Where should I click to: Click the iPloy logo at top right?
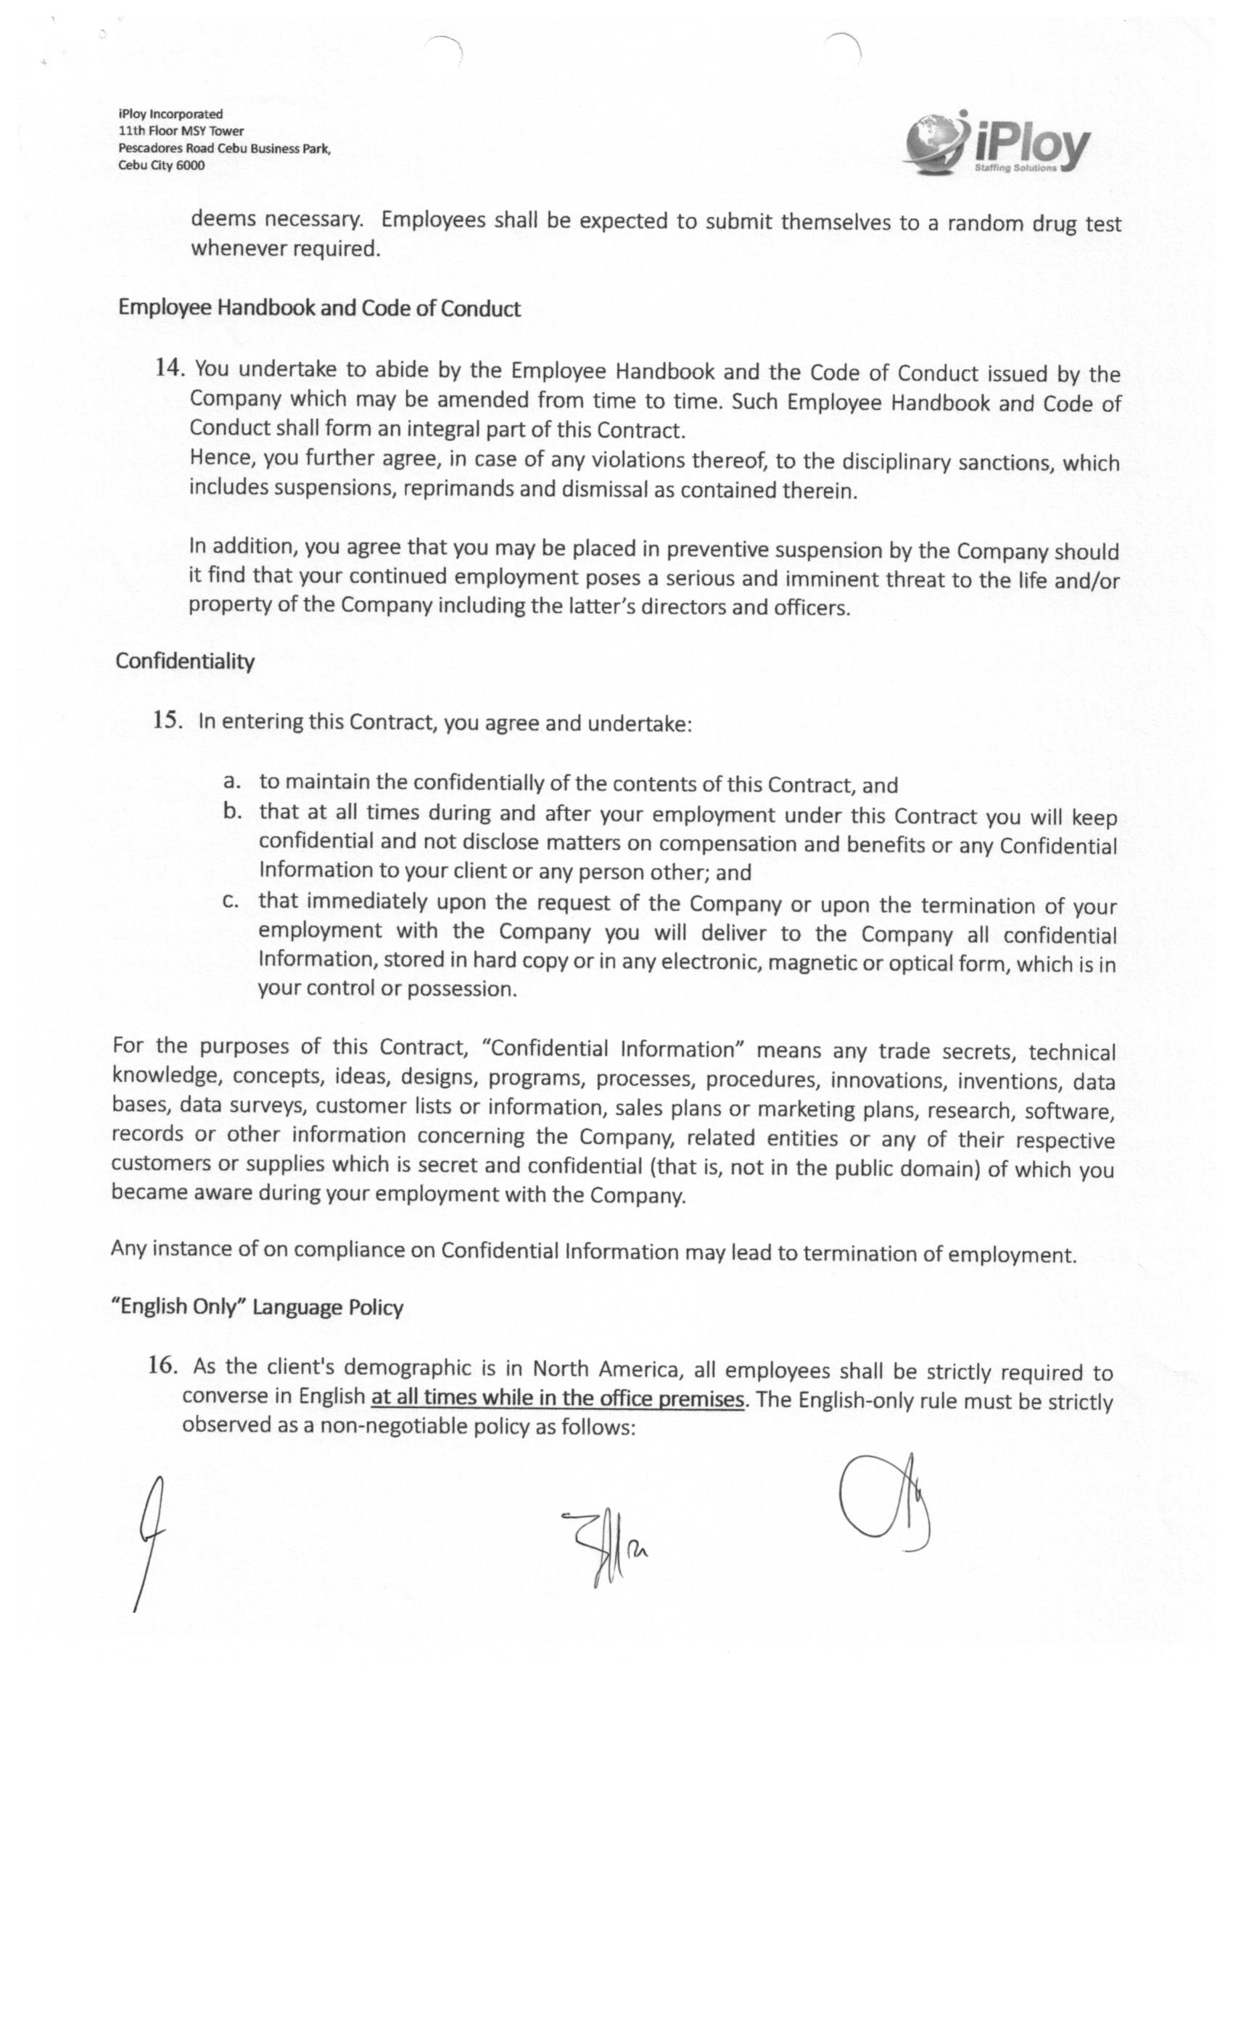[x=997, y=144]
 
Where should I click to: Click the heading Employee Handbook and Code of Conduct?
[x=319, y=308]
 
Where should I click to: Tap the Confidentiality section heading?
[x=185, y=661]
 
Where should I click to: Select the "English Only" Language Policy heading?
[x=257, y=1307]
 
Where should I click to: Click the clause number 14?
[x=169, y=368]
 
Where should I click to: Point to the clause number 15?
[x=167, y=720]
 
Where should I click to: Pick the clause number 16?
[x=162, y=1365]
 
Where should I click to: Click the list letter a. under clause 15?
[x=232, y=780]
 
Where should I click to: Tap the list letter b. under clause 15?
[x=232, y=811]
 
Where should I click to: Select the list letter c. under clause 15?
[x=231, y=900]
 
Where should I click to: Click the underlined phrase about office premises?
[x=558, y=1398]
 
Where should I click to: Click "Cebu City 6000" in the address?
[x=162, y=165]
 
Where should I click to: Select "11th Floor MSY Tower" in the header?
[x=181, y=131]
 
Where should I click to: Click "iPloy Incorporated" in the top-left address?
[x=170, y=114]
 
